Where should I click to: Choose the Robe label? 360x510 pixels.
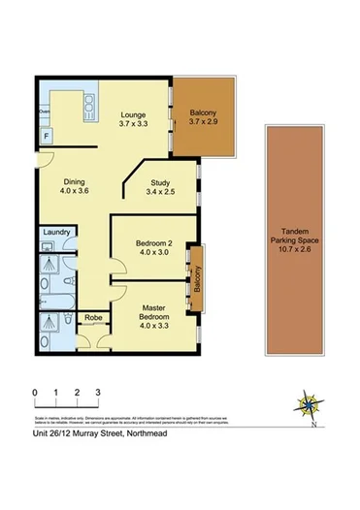point(94,317)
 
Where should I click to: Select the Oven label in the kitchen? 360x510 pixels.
point(44,112)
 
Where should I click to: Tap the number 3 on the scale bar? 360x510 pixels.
point(98,392)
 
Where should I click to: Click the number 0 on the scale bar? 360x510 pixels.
point(34,392)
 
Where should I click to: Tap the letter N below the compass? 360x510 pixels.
point(313,425)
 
